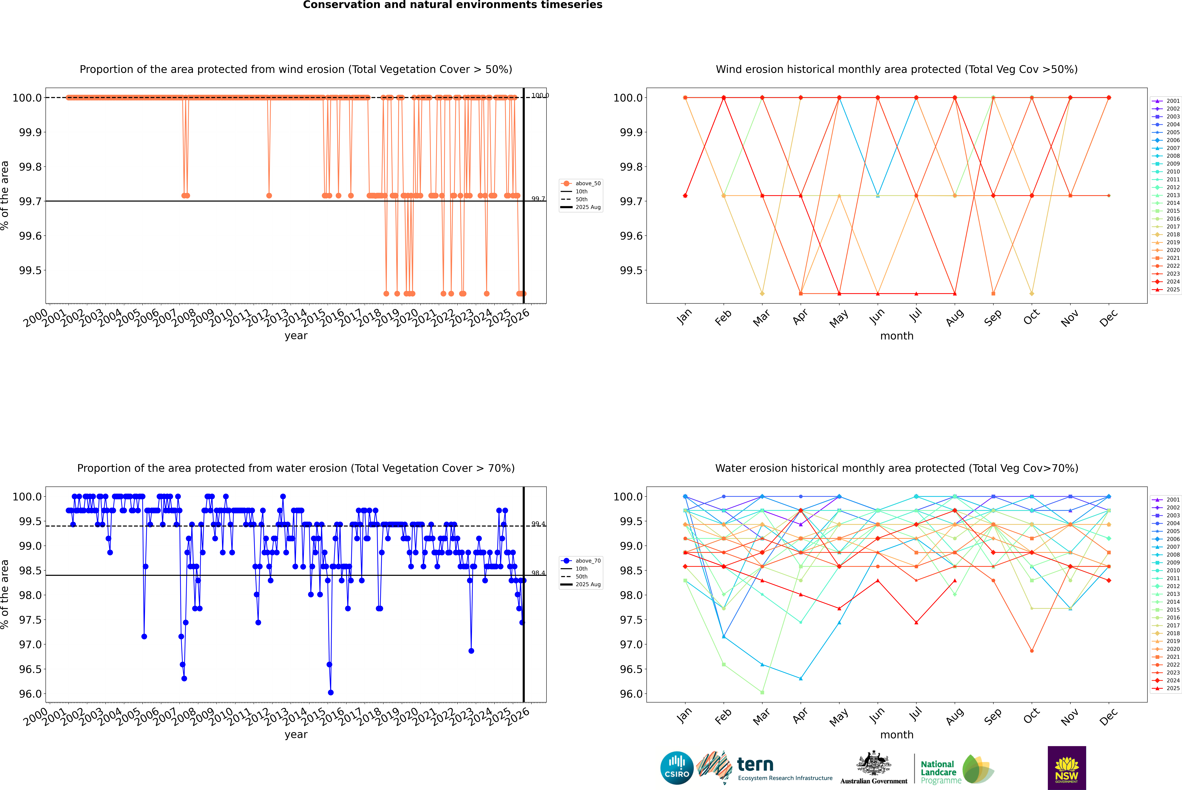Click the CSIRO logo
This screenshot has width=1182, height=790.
tap(677, 768)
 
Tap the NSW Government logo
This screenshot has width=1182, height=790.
tap(1067, 768)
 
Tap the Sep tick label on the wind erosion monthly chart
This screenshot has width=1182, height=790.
tap(993, 317)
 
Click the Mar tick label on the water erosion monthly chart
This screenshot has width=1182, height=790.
tap(761, 716)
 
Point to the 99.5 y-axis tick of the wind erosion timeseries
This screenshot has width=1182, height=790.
tap(30, 271)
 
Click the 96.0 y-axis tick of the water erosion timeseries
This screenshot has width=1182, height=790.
tap(30, 694)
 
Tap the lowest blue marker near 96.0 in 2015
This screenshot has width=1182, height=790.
tap(330, 692)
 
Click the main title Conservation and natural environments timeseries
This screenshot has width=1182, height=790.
tap(452, 5)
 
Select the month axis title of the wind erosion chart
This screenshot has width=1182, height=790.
tap(896, 336)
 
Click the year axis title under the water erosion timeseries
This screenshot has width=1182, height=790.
tap(296, 735)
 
